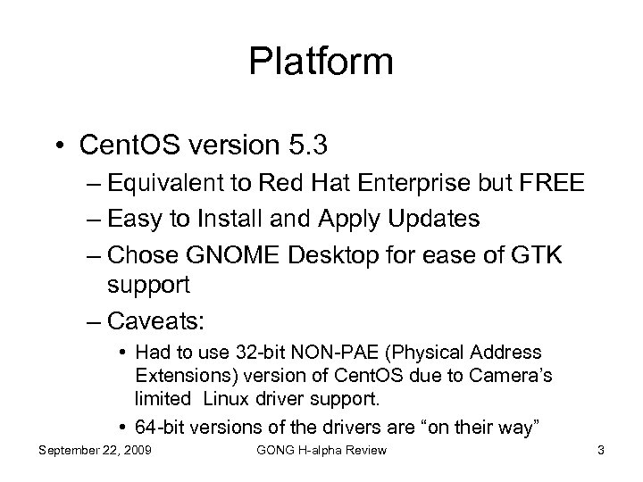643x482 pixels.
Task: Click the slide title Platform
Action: click(x=321, y=62)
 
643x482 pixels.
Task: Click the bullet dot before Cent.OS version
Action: click(x=61, y=142)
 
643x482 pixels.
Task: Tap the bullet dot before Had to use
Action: click(x=121, y=353)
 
